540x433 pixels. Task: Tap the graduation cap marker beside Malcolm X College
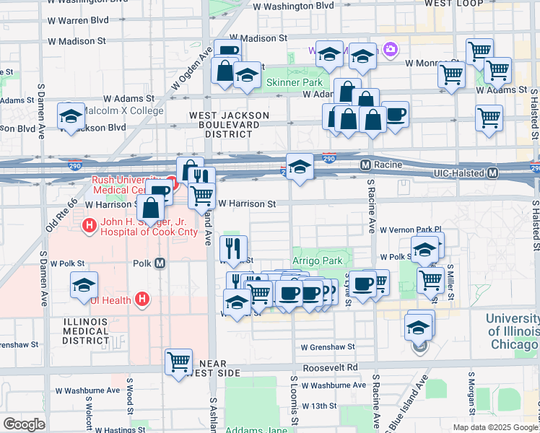click(x=71, y=117)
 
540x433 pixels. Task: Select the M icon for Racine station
click(x=365, y=165)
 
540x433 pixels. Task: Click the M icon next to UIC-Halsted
click(x=493, y=173)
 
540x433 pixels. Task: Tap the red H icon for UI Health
click(x=143, y=299)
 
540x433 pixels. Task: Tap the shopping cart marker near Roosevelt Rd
click(x=178, y=361)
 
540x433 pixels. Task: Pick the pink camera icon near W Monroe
click(x=391, y=49)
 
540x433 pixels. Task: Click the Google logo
click(x=24, y=424)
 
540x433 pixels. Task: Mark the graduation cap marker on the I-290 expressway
click(x=300, y=167)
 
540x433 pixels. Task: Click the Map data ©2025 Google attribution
click(x=495, y=427)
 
